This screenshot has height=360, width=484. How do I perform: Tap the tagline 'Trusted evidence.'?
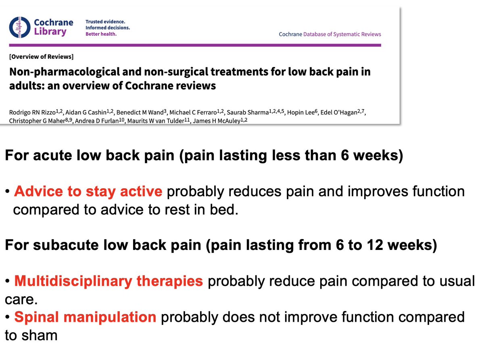(x=105, y=21)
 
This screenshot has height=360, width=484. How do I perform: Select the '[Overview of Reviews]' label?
(x=41, y=56)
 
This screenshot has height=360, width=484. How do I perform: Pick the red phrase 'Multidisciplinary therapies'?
(x=108, y=281)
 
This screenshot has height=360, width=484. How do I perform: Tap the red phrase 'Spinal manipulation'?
(x=85, y=317)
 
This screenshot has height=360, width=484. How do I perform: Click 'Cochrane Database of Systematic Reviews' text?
(x=330, y=34)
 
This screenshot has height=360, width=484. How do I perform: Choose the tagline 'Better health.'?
(x=101, y=34)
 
